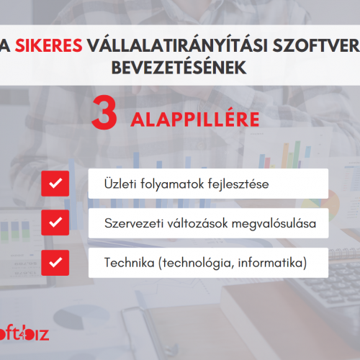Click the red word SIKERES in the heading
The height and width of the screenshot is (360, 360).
pos(49,45)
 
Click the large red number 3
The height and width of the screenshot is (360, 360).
pos(104,112)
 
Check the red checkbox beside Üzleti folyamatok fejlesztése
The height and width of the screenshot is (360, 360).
pos(55,184)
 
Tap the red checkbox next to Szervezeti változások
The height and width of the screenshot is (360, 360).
pos(55,222)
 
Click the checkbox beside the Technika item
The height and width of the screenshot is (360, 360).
pos(55,263)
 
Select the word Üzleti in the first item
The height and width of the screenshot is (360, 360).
pos(120,184)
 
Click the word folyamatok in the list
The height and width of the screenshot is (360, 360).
pos(172,185)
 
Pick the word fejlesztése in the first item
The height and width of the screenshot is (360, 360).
pos(238,185)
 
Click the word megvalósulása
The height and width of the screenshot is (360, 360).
pos(274,224)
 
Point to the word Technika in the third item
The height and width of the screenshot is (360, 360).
pos(130,262)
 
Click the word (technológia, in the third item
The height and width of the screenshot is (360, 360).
pos(196,264)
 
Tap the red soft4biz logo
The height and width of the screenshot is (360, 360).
pos(24,333)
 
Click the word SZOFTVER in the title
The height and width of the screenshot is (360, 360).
pos(316,45)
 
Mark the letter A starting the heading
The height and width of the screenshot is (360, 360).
pos(5,45)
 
